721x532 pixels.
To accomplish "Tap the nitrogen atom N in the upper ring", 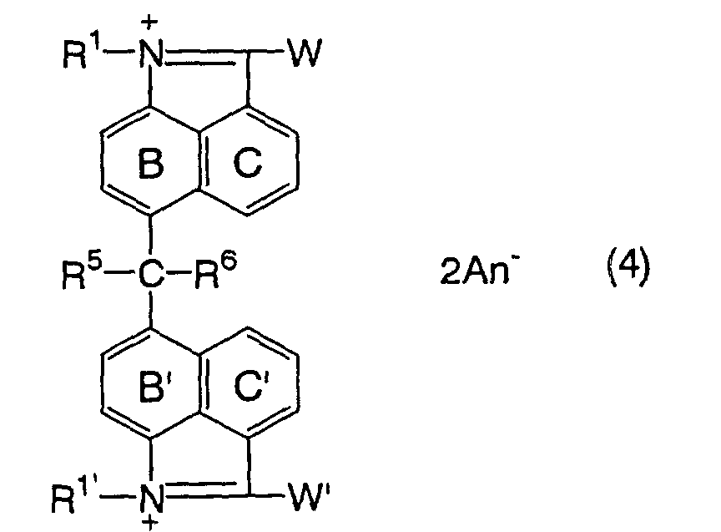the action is click(151, 53).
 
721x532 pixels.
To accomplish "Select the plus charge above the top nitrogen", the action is click(149, 23).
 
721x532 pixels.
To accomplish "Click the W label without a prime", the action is click(304, 52).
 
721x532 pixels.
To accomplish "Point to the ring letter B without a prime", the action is click(150, 164).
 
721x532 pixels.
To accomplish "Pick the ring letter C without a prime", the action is click(248, 163).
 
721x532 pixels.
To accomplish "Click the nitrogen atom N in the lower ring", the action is click(151, 498).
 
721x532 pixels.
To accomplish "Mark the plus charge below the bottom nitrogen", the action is click(150, 523).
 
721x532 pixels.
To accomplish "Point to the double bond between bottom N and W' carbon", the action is click(206, 490).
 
